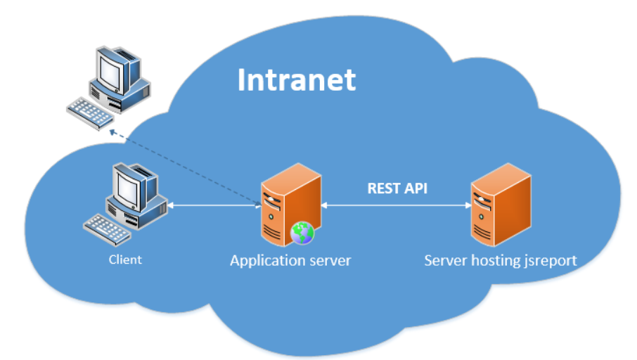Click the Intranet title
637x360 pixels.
point(296,79)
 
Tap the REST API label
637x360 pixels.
point(397,188)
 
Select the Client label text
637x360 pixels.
point(125,259)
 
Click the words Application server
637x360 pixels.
point(290,261)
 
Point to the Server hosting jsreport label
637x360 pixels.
point(501,261)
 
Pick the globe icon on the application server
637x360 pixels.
point(302,232)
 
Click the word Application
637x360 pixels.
point(269,261)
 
